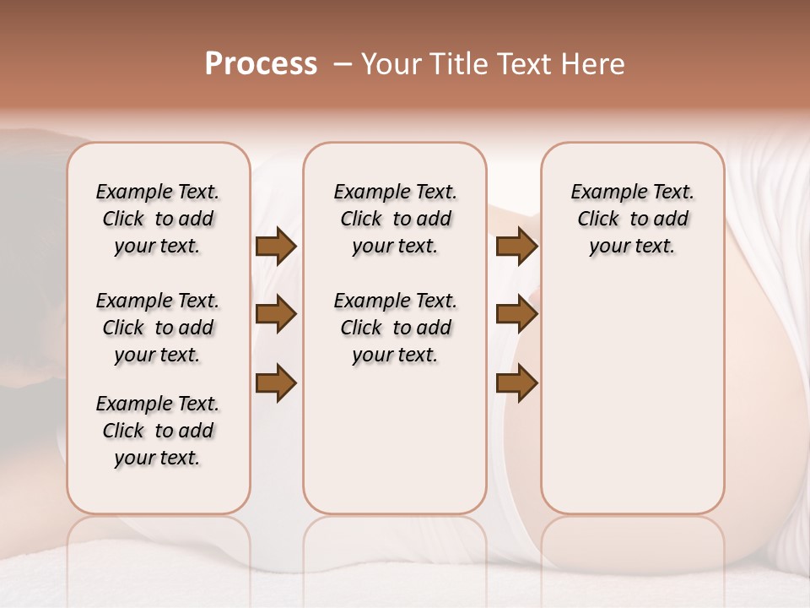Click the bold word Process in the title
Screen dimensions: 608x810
[x=261, y=64]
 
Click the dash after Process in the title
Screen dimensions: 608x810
[x=342, y=64]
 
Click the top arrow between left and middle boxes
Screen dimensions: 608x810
[x=276, y=246]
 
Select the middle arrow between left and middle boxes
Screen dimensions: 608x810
[x=276, y=314]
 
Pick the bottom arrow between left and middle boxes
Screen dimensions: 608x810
[x=276, y=383]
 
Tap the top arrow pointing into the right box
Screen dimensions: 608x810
[x=516, y=246]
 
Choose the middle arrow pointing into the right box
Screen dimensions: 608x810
[x=516, y=314]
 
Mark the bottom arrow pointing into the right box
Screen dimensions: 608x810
[x=516, y=383]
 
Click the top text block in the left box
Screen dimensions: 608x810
[x=158, y=219]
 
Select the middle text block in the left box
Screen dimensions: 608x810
[x=158, y=328]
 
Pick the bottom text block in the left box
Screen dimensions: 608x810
[x=158, y=431]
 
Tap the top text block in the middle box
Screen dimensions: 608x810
[x=395, y=219]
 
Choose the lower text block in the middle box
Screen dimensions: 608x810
[x=395, y=328]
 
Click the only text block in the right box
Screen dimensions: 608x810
[x=632, y=219]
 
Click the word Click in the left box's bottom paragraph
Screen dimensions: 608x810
[x=123, y=431]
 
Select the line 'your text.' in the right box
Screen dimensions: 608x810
[x=632, y=247]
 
